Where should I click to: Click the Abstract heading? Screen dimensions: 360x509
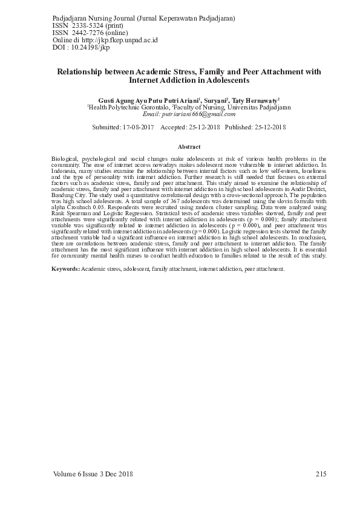pos(189,147)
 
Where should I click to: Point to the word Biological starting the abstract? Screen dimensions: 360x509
pos(65,158)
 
